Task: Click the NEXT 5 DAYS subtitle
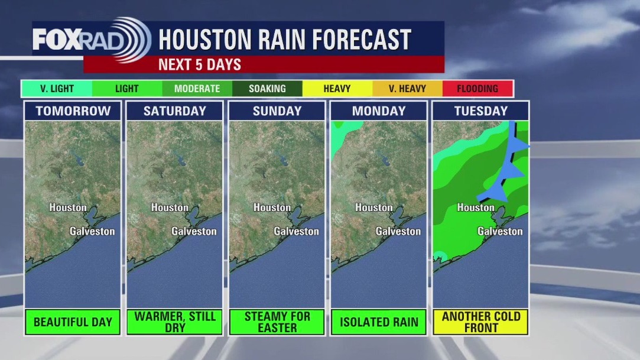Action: pyautogui.click(x=200, y=64)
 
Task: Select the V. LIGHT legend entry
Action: pyautogui.click(x=57, y=89)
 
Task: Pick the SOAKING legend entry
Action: pyautogui.click(x=267, y=89)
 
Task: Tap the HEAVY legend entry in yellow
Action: pyautogui.click(x=337, y=89)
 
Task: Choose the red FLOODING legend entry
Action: pyautogui.click(x=477, y=89)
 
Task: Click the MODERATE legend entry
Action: pyautogui.click(x=197, y=89)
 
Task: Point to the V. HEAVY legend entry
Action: pyautogui.click(x=408, y=89)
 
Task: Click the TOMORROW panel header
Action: pyautogui.click(x=73, y=111)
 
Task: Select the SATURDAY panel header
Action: pyautogui.click(x=175, y=111)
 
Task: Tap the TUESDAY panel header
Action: pyautogui.click(x=481, y=111)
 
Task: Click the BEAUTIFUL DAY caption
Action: pyautogui.click(x=73, y=322)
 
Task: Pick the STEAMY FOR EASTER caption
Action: pyautogui.click(x=277, y=322)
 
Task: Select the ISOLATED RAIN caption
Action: pyautogui.click(x=379, y=322)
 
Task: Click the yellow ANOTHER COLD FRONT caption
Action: pyautogui.click(x=481, y=322)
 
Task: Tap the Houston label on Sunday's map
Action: pyautogui.click(x=272, y=207)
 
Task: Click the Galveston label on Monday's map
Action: pyautogui.click(x=398, y=231)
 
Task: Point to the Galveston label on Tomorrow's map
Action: pyautogui.click(x=92, y=231)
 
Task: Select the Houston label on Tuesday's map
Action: pyautogui.click(x=476, y=207)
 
